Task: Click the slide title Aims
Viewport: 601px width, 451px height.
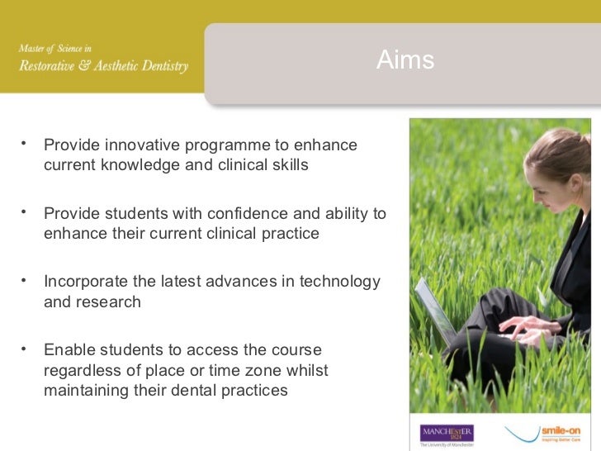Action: click(x=405, y=60)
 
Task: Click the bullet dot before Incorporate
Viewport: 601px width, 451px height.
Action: click(x=26, y=279)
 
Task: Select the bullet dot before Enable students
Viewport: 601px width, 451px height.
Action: click(x=26, y=347)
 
